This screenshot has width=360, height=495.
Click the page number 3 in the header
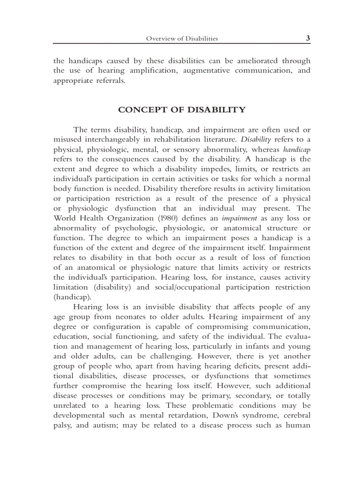308,38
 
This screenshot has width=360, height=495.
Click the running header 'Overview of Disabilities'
182,39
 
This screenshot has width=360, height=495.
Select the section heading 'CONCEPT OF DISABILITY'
182,110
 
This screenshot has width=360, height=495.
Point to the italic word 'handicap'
296,149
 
